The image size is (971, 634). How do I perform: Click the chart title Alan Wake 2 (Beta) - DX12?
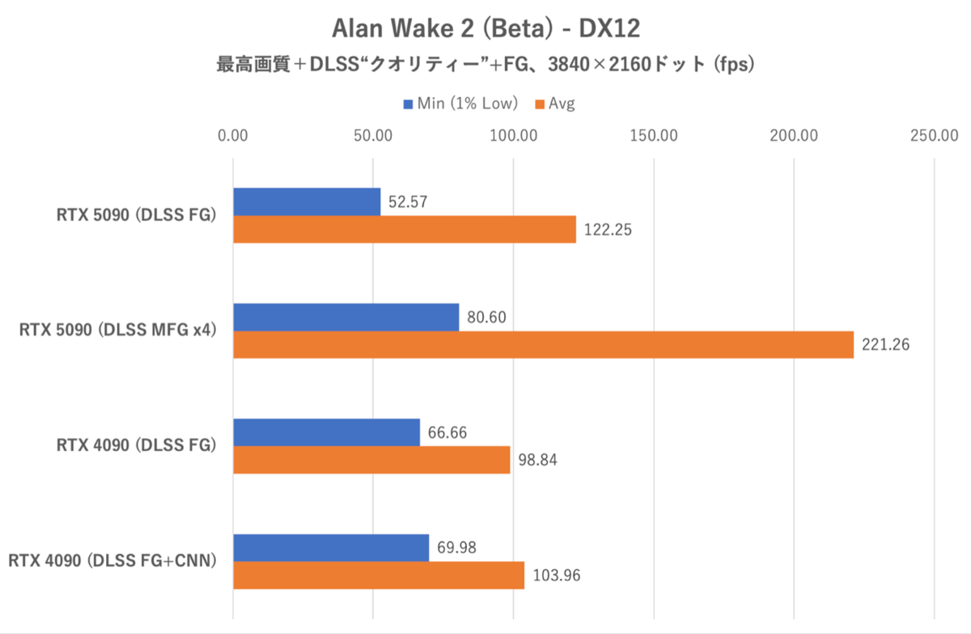pos(485,28)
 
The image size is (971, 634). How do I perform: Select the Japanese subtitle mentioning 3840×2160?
pos(485,64)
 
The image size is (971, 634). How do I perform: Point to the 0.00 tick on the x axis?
pos(233,135)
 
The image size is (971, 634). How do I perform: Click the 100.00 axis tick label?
pos(514,135)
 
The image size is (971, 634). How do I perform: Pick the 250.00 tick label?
pos(935,135)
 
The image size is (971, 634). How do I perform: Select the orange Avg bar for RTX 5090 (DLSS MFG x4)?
pos(543,345)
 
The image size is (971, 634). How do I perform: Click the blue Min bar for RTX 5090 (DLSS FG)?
pos(307,202)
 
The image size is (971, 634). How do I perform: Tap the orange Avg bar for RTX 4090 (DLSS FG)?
pos(371,461)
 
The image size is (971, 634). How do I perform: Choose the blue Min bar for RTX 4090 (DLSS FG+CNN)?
pos(331,548)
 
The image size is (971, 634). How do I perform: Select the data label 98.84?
pos(538,461)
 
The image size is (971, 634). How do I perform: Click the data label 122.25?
pos(607,230)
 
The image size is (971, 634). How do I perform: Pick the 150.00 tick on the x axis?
pos(654,135)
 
